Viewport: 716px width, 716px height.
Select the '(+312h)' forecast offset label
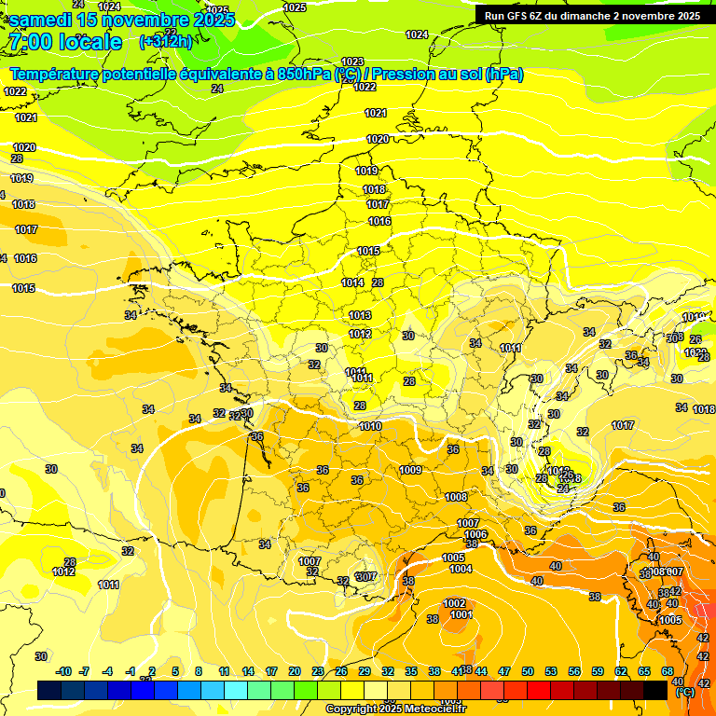(x=166, y=42)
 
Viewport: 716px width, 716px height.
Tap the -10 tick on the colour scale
(x=63, y=671)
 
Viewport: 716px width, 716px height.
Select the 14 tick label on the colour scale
(x=248, y=671)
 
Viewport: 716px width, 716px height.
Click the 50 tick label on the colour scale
(x=528, y=671)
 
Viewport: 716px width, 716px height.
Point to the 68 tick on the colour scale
(x=668, y=671)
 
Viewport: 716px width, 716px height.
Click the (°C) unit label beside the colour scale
(x=684, y=693)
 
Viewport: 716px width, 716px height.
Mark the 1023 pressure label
(x=352, y=62)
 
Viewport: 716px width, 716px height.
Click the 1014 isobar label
(x=352, y=282)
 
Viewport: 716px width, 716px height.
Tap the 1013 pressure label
(x=360, y=315)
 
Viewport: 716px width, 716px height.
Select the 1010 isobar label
(x=370, y=426)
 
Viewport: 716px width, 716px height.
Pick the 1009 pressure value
(x=410, y=470)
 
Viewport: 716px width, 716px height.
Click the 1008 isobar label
(x=456, y=497)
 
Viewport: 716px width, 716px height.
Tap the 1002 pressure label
(x=455, y=603)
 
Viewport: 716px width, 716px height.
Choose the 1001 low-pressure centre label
(x=461, y=614)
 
